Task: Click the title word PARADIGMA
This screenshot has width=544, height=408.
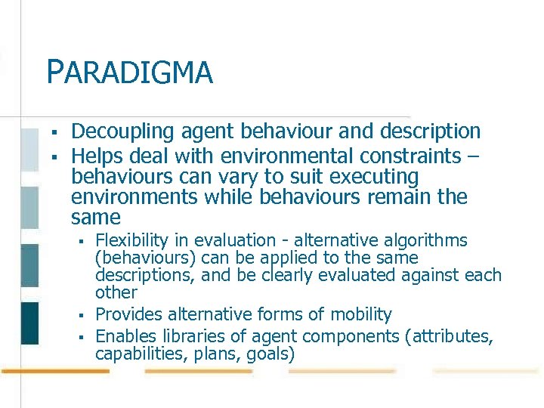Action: [x=129, y=73]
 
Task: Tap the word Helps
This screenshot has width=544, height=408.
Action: [x=94, y=156]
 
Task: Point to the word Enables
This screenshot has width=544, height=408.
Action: [x=125, y=336]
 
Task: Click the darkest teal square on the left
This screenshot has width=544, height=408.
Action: [x=29, y=323]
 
